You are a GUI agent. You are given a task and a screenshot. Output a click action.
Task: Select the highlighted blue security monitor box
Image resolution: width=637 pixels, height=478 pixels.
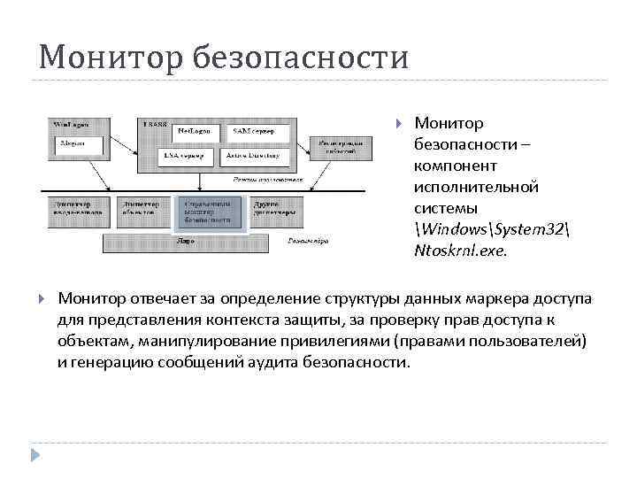point(210,213)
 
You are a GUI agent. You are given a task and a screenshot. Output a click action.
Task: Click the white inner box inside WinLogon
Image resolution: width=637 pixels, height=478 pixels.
point(74,144)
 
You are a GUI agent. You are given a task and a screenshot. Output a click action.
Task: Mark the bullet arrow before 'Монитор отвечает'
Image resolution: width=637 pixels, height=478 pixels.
point(40,297)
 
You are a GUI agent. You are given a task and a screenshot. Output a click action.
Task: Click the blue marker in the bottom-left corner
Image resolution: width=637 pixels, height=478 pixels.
point(35,455)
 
